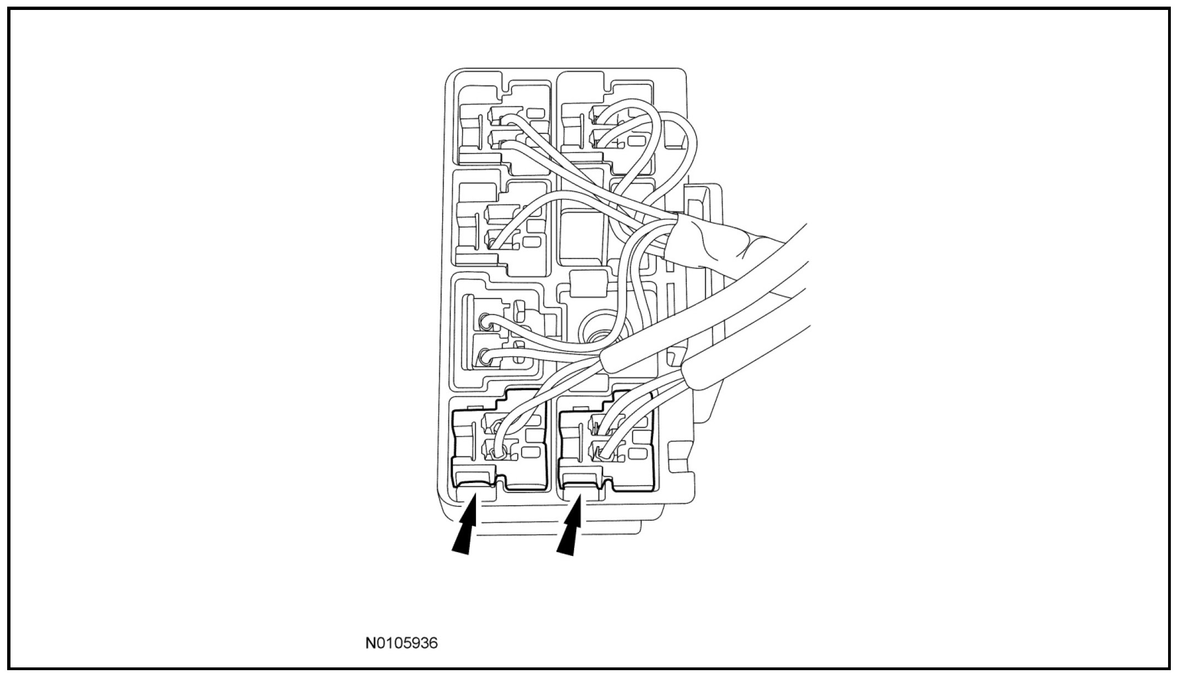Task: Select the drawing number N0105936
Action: (x=401, y=644)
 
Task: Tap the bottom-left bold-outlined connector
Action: (x=501, y=439)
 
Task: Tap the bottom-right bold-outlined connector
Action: (x=607, y=439)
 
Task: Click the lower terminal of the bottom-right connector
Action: (x=602, y=453)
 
